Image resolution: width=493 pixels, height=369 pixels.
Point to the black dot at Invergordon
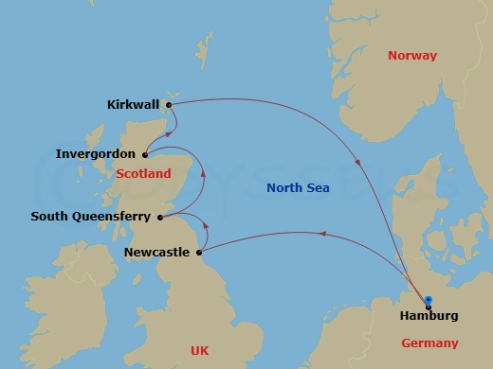[x=145, y=154]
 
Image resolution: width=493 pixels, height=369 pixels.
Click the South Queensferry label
[x=90, y=216]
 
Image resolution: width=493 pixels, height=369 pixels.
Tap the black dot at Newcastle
[x=199, y=253]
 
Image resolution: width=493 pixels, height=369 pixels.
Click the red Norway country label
[x=412, y=56]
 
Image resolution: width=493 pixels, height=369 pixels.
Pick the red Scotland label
[x=144, y=173]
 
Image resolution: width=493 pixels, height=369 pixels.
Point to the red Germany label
[x=430, y=343]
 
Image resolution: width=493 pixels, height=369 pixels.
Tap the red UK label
[x=199, y=350]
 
